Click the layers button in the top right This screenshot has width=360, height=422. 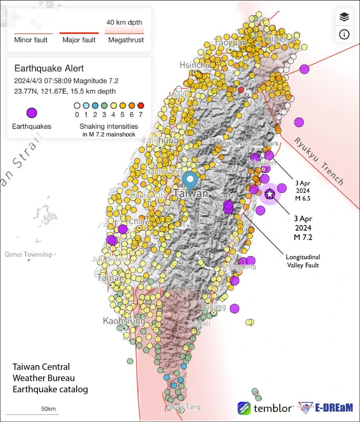pyautogui.click(x=344, y=17)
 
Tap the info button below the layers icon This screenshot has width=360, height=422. pyautogui.click(x=344, y=35)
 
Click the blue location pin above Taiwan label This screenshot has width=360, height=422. pyautogui.click(x=190, y=181)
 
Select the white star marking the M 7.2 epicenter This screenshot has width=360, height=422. pyautogui.click(x=270, y=194)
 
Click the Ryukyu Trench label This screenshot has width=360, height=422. pyautogui.click(x=319, y=160)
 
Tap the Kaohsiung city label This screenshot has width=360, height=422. pyautogui.click(x=124, y=321)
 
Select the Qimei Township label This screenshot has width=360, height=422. pyautogui.click(x=28, y=254)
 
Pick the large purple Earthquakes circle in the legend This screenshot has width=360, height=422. pyautogui.click(x=32, y=113)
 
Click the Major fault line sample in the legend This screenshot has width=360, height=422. pyautogui.click(x=79, y=33)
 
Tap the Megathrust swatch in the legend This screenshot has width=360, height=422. pyautogui.click(x=125, y=31)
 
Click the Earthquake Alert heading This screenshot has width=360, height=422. pyautogui.click(x=49, y=68)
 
